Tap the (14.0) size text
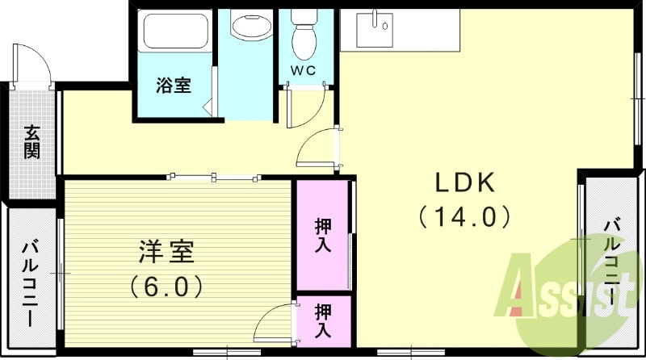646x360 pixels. pyautogui.click(x=465, y=216)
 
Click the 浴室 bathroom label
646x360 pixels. pyautogui.click(x=174, y=85)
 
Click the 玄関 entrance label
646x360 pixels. pyautogui.click(x=31, y=141)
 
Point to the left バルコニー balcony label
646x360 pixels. pyautogui.click(x=30, y=283)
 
